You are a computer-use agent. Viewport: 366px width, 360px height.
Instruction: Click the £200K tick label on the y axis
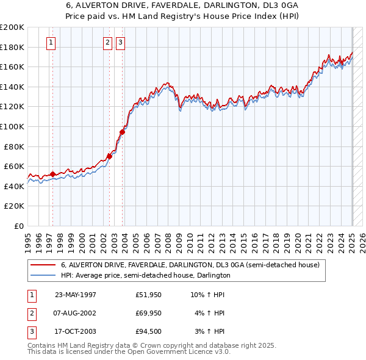point(12,27)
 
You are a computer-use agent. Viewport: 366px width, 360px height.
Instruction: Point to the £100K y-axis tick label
point(12,126)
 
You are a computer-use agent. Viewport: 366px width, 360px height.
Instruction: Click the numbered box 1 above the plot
point(50,42)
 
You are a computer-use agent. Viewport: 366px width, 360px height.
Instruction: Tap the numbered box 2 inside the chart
point(107,42)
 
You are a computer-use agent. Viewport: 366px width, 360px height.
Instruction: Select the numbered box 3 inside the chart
point(120,42)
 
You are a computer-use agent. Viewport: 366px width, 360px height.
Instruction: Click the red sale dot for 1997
point(52,174)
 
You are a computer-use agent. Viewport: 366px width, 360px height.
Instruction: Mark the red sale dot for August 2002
point(109,156)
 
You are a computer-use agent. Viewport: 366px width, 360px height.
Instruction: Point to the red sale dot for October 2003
point(122,132)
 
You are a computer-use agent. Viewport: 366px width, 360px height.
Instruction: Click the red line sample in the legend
point(43,265)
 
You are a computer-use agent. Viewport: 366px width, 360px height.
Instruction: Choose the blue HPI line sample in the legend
point(43,275)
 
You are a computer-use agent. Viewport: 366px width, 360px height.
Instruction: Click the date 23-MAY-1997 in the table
point(76,295)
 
